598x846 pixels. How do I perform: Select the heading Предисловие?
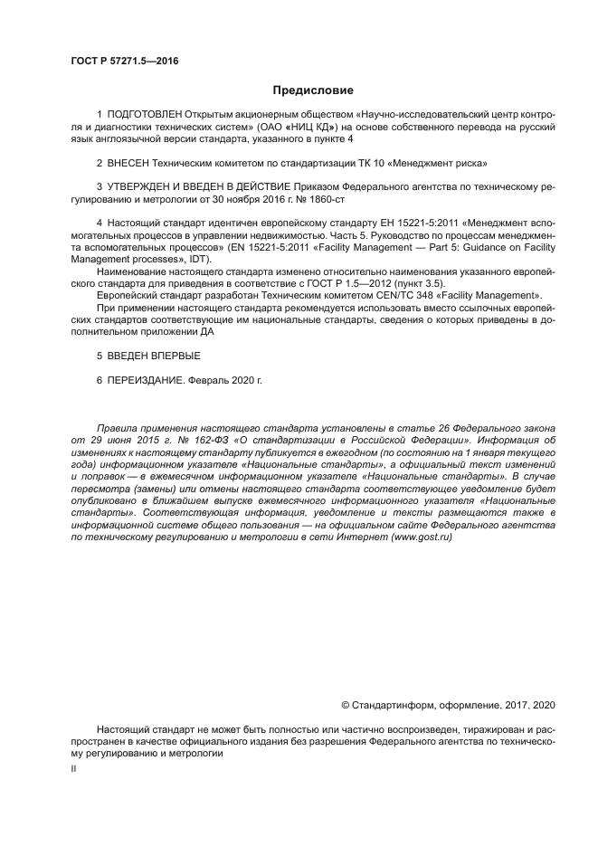click(311, 90)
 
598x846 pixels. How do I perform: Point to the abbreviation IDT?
click(210, 257)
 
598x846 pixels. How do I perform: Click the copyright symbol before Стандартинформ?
click(345, 704)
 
